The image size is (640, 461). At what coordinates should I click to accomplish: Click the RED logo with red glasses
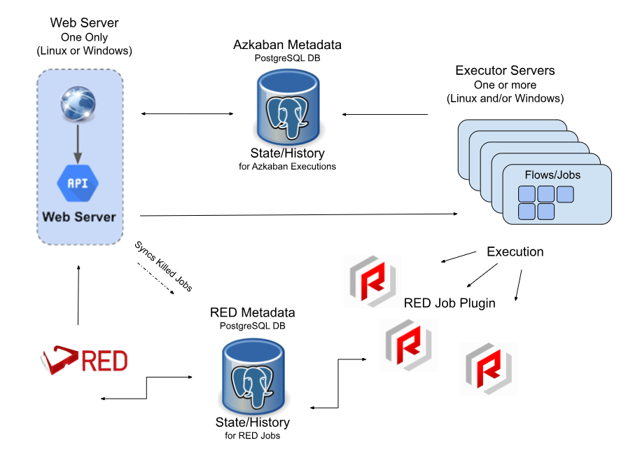click(x=84, y=361)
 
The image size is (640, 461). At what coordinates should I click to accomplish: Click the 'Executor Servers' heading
click(x=505, y=71)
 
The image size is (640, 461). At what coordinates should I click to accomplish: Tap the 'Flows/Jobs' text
click(x=552, y=174)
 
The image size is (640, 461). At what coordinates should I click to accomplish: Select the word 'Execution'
click(x=515, y=252)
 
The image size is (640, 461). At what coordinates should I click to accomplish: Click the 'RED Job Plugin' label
click(x=450, y=303)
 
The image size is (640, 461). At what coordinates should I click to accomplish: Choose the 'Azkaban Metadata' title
click(x=287, y=45)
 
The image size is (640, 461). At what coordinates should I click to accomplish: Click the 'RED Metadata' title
click(x=252, y=312)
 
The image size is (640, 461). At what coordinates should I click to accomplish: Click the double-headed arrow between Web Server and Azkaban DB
click(x=187, y=113)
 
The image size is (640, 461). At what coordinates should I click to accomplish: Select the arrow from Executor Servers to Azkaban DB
click(x=385, y=113)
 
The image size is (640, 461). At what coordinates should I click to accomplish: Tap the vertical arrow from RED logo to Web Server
click(x=78, y=294)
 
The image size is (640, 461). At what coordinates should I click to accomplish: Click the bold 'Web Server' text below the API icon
click(x=78, y=216)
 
